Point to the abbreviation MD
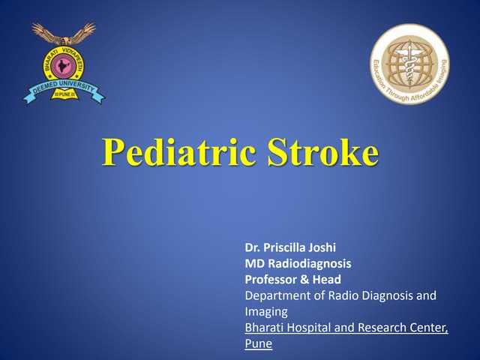tap(253, 263)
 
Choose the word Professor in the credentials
tap(271, 279)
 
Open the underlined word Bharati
tap(265, 328)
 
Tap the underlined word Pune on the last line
tap(258, 343)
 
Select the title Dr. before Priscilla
tap(252, 247)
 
